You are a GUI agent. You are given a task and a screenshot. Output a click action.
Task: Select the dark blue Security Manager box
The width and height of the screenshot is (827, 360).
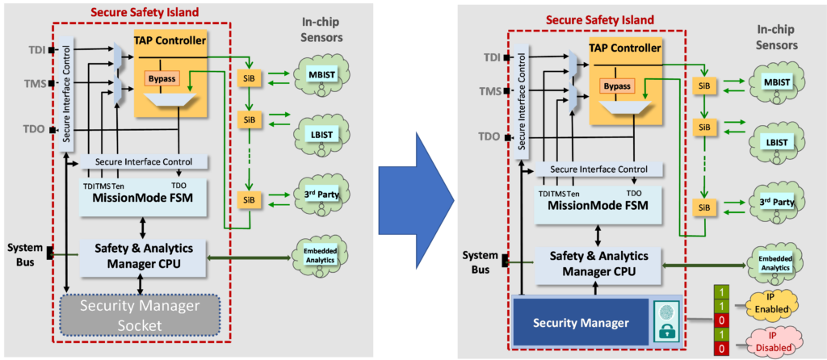[580, 321]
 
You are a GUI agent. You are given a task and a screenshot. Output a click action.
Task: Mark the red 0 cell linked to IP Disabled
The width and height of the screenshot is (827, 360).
[720, 349]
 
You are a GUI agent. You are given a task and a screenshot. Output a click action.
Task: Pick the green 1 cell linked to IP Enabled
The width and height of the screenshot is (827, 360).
[720, 306]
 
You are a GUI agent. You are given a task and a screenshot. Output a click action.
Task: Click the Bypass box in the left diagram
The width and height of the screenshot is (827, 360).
[163, 78]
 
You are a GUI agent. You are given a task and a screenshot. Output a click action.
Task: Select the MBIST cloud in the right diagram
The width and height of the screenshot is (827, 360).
[773, 84]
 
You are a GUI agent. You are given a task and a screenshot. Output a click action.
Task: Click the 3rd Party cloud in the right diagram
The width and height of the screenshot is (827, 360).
[773, 203]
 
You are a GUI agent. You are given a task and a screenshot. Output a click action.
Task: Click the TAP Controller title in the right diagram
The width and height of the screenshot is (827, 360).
[625, 48]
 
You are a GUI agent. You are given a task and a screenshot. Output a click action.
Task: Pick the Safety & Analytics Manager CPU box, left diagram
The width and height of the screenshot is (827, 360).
[142, 257]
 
